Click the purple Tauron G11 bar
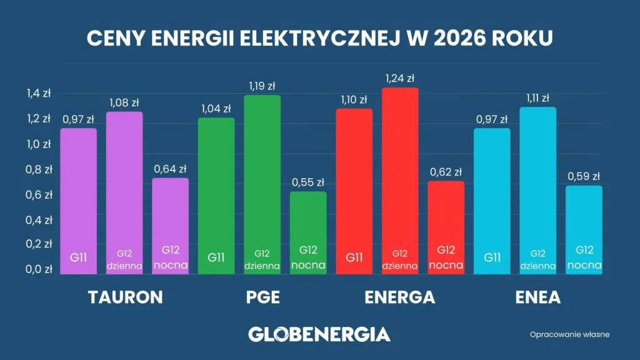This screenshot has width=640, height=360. click(78, 200)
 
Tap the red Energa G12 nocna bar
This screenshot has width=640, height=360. click(446, 225)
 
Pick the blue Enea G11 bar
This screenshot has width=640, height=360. click(492, 200)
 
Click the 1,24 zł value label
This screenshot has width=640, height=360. click(400, 79)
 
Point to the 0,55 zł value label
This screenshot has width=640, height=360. click(308, 182)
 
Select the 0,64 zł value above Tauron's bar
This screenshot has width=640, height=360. click(171, 169)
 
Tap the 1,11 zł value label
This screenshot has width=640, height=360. click(537, 98)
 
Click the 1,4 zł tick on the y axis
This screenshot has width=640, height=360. click(38, 94)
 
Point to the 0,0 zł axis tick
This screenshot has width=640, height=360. click(38, 269)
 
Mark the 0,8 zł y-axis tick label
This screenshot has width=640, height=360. click(38, 169)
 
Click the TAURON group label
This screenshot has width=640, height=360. click(124, 297)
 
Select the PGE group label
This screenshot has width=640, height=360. click(262, 297)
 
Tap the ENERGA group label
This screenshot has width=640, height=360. click(400, 297)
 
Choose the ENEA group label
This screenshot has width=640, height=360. click(537, 297)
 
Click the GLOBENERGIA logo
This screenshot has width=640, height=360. click(319, 334)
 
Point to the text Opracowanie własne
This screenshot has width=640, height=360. click(569, 334)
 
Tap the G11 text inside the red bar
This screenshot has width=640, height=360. click(354, 257)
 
